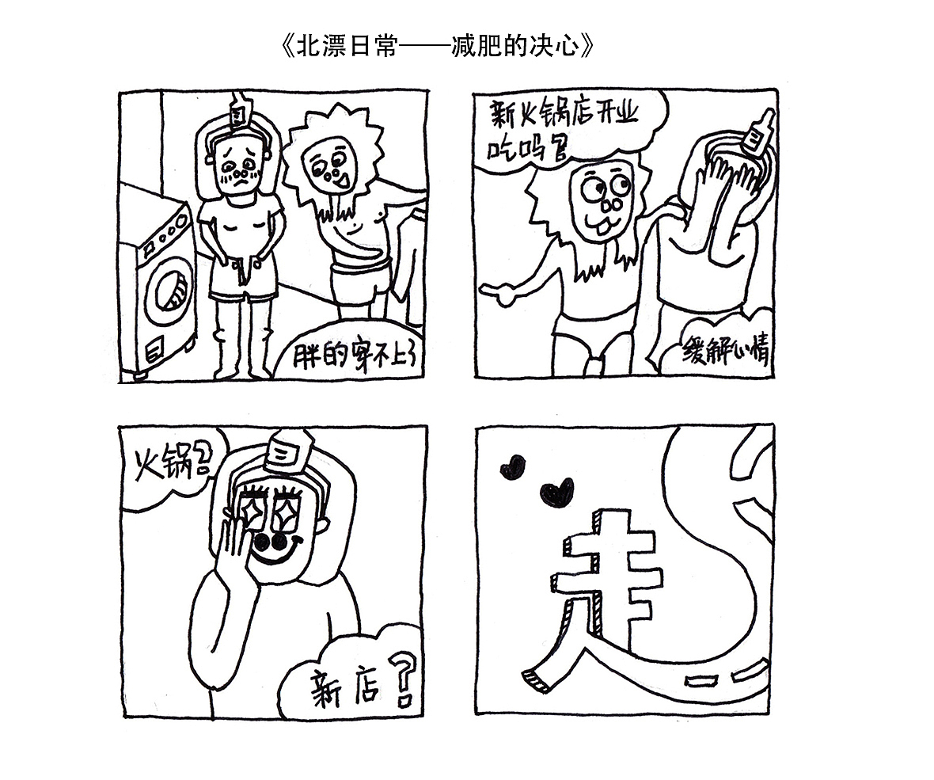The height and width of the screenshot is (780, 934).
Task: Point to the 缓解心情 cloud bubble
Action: (x=725, y=350)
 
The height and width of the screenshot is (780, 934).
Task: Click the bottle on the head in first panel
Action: (x=237, y=111)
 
